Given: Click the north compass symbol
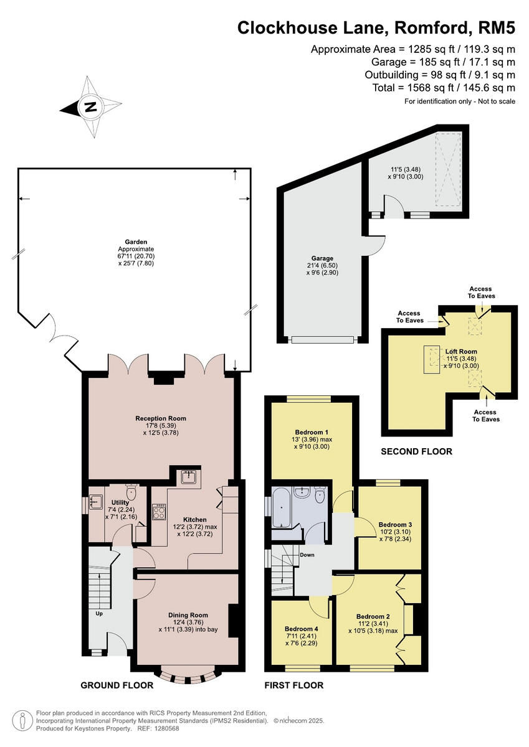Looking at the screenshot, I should [x=90, y=107].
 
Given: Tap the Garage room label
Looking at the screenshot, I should [x=322, y=258].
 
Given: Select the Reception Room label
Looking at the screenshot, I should [x=161, y=418].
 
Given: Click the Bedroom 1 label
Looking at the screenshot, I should [x=312, y=432].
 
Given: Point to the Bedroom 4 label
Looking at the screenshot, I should [x=301, y=629].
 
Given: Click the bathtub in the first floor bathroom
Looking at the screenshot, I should [x=282, y=507].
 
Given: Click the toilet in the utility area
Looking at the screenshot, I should [x=131, y=492].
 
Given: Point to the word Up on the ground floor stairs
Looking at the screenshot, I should [x=99, y=613].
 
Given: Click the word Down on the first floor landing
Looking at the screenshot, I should [x=307, y=555].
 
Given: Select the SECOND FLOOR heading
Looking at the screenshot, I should [x=416, y=451].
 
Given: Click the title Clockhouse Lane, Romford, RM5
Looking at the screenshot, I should [x=376, y=27].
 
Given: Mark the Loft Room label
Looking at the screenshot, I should [x=461, y=352].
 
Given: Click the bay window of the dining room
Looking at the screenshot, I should [x=186, y=675].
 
